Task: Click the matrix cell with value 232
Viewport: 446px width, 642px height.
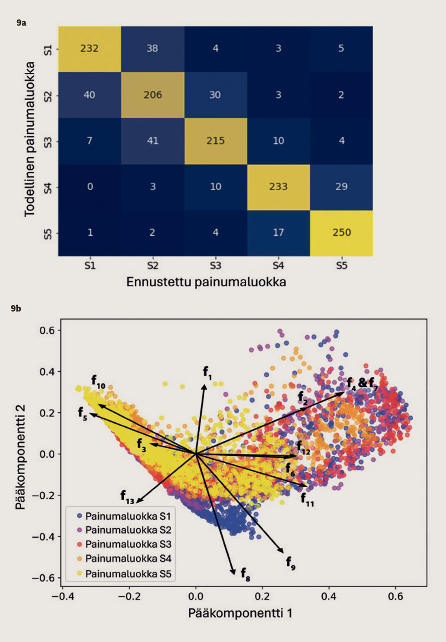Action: [x=89, y=49]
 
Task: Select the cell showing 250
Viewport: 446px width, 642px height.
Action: [x=341, y=233]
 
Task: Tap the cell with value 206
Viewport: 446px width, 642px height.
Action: [x=152, y=95]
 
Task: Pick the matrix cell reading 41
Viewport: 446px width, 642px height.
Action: [x=152, y=141]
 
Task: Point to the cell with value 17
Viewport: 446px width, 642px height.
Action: [x=278, y=233]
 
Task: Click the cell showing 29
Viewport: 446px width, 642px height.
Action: [x=341, y=187]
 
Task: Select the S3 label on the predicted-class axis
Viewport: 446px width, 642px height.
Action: [x=215, y=266]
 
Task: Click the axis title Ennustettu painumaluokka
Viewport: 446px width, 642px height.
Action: [x=206, y=282]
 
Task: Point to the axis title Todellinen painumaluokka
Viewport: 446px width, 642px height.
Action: [x=30, y=139]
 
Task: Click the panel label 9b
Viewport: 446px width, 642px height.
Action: [x=16, y=308]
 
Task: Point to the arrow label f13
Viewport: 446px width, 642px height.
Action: [x=127, y=496]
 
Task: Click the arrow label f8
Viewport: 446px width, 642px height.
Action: [x=245, y=574]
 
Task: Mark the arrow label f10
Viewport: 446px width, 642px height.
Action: [x=97, y=381]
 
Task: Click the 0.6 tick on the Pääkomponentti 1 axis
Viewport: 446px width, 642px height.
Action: [x=395, y=596]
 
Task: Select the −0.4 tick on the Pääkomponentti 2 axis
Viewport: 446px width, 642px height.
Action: [x=43, y=537]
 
